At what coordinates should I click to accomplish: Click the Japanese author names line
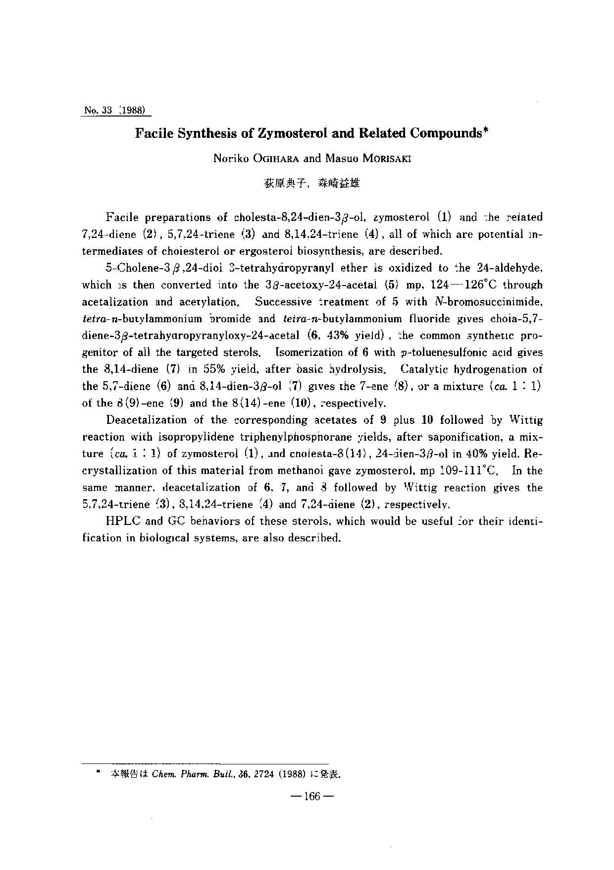[x=312, y=183]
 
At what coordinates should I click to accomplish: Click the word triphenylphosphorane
[x=320, y=437]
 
